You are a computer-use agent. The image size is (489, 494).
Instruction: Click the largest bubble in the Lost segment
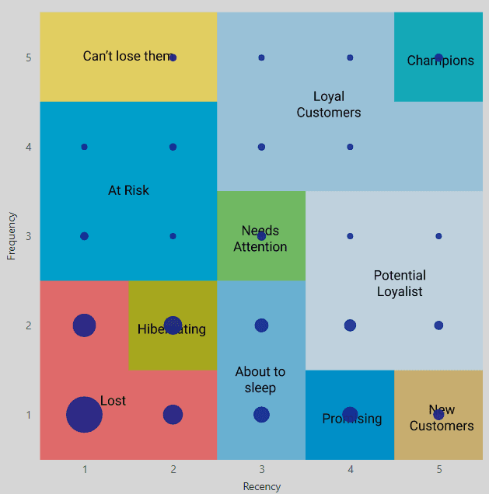(x=84, y=414)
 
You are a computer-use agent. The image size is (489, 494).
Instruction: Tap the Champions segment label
(x=440, y=61)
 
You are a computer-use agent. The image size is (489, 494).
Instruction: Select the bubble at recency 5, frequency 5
(x=438, y=57)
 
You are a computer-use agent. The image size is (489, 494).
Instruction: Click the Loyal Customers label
(x=329, y=104)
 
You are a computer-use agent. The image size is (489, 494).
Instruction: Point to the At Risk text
(x=128, y=190)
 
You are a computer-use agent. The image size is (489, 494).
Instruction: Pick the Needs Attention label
(x=260, y=239)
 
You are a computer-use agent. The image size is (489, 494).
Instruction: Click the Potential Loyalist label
(x=400, y=283)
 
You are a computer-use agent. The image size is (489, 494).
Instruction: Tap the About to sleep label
(x=260, y=380)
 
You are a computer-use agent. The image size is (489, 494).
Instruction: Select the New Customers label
(x=442, y=418)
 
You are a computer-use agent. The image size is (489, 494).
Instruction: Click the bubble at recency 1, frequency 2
(x=84, y=325)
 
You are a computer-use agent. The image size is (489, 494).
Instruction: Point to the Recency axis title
(x=261, y=486)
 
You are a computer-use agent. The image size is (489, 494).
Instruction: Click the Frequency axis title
(x=12, y=236)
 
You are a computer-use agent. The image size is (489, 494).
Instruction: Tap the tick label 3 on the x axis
(x=261, y=469)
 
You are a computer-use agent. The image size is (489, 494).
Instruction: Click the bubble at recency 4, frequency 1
(x=350, y=414)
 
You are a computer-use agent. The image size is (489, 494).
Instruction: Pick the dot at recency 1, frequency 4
(x=84, y=147)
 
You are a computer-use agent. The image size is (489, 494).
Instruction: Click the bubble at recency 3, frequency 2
(x=261, y=325)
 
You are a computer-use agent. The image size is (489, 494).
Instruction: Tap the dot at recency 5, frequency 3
(x=438, y=236)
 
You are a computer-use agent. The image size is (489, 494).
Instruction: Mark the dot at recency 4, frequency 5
(x=350, y=57)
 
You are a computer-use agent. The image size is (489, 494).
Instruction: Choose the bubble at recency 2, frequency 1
(x=173, y=414)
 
